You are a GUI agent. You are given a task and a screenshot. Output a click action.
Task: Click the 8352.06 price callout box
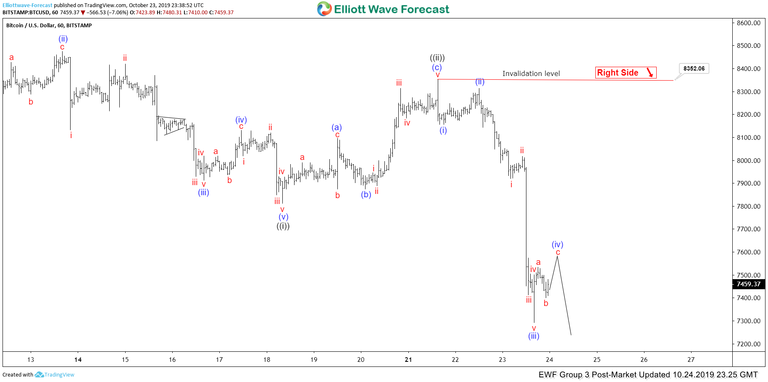click(694, 68)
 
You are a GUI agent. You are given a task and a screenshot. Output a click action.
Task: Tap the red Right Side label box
click(626, 73)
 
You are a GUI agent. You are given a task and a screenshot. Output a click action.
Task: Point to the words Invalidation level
click(531, 74)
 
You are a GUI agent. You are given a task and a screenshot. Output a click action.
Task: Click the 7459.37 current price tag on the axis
click(748, 284)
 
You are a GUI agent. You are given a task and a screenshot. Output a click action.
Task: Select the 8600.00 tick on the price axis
click(748, 23)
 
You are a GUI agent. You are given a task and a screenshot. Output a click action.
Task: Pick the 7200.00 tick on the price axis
click(748, 344)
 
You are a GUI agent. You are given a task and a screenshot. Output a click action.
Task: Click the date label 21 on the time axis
click(408, 360)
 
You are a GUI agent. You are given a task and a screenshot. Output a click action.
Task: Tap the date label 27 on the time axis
click(691, 360)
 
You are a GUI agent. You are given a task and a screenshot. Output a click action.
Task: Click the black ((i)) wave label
click(283, 226)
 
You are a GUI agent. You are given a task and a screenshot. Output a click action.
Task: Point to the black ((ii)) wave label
click(437, 58)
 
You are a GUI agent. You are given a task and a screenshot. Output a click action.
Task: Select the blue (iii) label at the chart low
click(534, 336)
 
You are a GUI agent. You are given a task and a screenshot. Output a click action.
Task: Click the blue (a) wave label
click(337, 127)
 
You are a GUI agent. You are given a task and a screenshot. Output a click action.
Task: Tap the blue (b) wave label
click(366, 194)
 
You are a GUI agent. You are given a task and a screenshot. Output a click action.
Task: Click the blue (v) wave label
click(283, 217)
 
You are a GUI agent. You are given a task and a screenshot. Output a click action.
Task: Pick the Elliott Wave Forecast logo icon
click(324, 9)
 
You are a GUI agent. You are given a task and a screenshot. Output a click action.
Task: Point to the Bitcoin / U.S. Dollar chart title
click(49, 26)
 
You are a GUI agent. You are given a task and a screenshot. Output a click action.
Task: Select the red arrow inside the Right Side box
click(650, 73)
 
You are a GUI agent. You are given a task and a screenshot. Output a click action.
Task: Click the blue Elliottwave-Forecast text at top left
click(27, 5)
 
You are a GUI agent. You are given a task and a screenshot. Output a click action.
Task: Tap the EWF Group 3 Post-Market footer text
click(648, 375)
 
